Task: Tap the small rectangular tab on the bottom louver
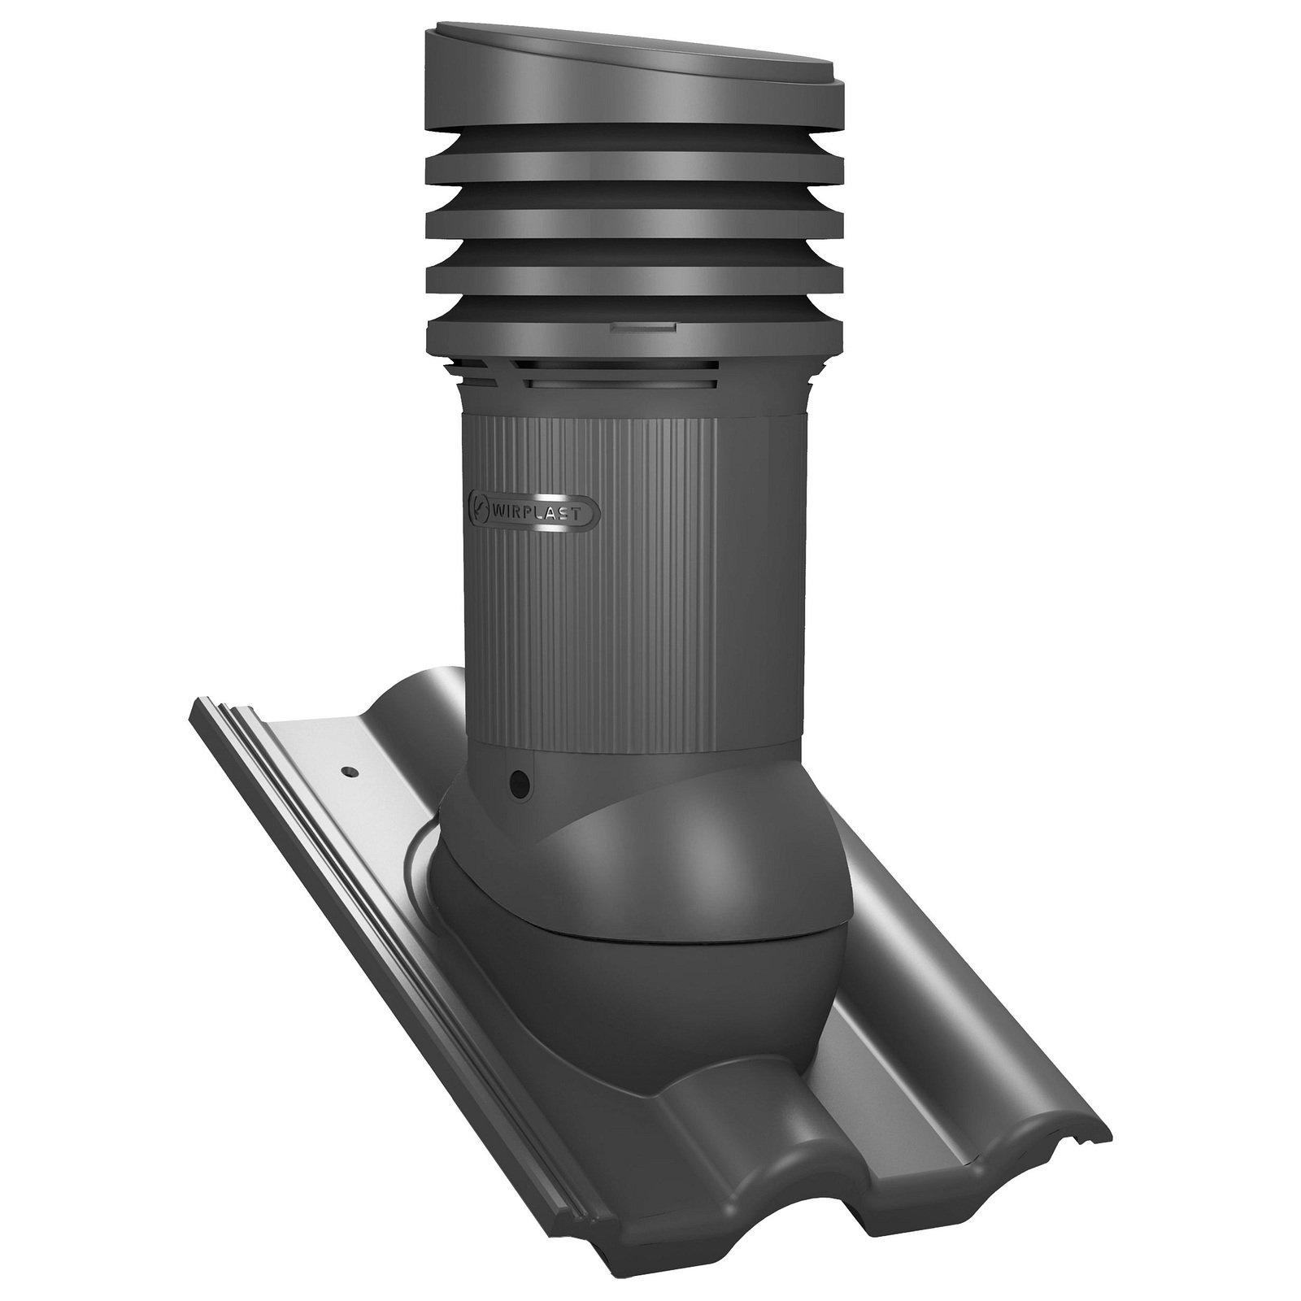[x=642, y=327]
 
